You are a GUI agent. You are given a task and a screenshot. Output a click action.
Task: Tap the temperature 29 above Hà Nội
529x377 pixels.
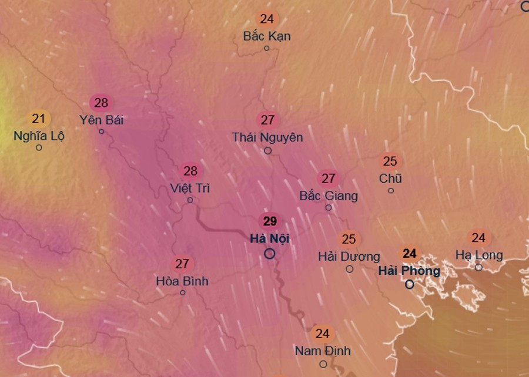(x=270, y=221)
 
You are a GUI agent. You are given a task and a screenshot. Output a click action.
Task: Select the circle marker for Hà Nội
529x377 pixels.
(x=270, y=254)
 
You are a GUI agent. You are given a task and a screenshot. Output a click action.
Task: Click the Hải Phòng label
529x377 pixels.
(x=409, y=271)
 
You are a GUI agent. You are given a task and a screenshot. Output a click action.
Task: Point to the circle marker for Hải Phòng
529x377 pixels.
(x=410, y=284)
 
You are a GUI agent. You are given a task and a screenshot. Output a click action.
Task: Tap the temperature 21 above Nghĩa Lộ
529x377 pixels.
(x=39, y=119)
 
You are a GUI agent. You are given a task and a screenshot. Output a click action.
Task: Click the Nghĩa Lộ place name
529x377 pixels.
(x=39, y=136)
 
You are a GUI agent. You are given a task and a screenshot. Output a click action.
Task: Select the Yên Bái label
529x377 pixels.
(x=102, y=120)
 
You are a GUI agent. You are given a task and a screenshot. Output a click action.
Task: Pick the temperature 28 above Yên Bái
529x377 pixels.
(x=101, y=103)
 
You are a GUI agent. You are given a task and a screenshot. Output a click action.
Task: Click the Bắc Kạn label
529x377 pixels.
(x=267, y=36)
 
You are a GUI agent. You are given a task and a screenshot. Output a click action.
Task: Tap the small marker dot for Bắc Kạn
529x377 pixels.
(x=266, y=48)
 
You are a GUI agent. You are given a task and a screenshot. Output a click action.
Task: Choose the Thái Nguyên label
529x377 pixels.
(x=267, y=137)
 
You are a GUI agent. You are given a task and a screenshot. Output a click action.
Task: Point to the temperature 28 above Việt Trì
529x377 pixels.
(x=190, y=171)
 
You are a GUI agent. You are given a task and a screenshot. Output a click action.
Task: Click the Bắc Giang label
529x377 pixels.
(x=329, y=195)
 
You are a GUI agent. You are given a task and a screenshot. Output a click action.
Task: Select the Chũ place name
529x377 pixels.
(x=390, y=178)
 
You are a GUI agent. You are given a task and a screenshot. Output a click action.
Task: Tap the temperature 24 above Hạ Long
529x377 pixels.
(x=478, y=238)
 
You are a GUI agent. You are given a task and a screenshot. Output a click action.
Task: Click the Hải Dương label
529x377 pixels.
(x=349, y=257)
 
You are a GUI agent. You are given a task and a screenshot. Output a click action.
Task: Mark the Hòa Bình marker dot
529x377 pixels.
(x=183, y=292)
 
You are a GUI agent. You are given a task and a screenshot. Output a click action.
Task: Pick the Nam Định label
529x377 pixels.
(x=323, y=351)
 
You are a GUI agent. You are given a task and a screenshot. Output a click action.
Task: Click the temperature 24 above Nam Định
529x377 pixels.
(x=322, y=334)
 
